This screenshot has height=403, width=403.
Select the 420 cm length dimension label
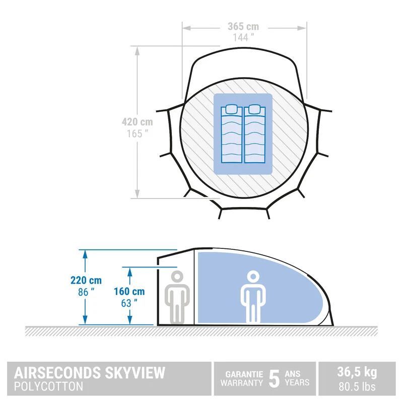137,122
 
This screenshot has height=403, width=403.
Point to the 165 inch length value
137,133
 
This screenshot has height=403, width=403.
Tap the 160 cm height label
129,291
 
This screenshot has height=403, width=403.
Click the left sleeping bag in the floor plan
232,134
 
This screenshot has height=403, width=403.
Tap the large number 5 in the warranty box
274,379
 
